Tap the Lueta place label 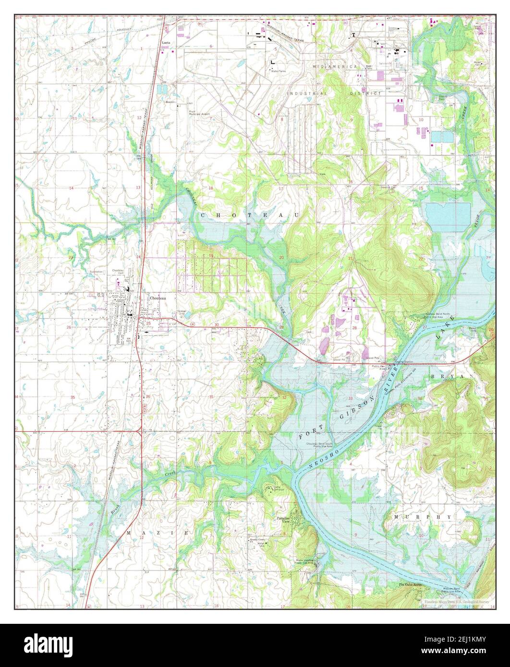pyautogui.click(x=167, y=42)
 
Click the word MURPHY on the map pyautogui.click(x=422, y=517)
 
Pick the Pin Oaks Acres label pyautogui.click(x=410, y=584)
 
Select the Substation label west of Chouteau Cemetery pyautogui.click(x=96, y=272)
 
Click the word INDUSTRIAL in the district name pyautogui.click(x=307, y=93)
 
